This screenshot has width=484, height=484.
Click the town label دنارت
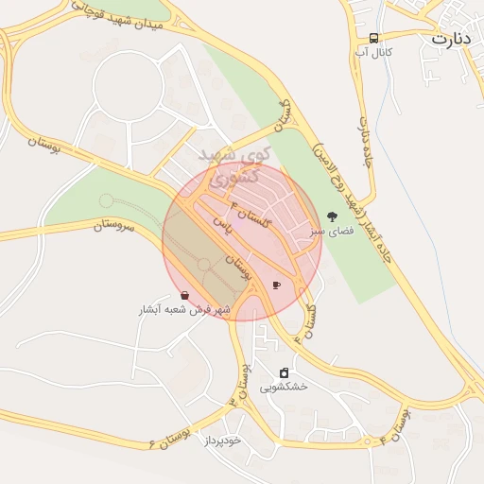452,39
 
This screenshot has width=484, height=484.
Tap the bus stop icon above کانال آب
374,38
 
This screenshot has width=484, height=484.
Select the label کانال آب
374,52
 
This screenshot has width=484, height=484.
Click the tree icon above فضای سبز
330,216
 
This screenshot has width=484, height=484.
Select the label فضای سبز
328,231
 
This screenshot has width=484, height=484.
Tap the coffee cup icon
276,285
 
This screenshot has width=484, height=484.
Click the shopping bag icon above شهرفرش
183,296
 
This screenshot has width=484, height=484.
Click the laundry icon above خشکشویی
284,372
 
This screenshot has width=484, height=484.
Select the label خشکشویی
284,387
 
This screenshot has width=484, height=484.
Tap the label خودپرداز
222,441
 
